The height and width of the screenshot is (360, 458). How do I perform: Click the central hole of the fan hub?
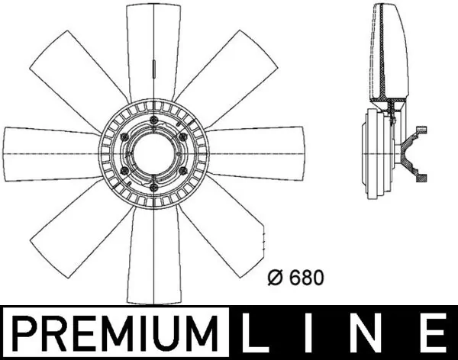(153, 151)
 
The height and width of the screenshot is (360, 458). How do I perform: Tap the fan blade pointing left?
(50, 151)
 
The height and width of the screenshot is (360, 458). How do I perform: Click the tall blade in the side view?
(388, 53)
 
